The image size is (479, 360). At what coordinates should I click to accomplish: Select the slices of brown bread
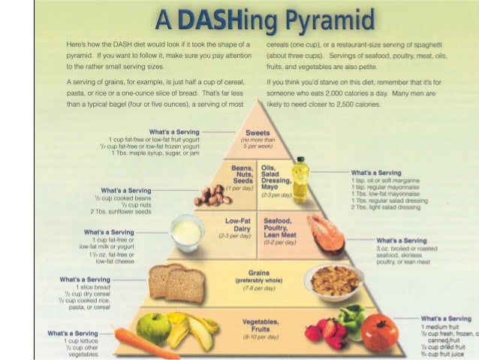pyautogui.click(x=176, y=282)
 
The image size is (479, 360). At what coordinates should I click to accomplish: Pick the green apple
pyautogui.click(x=152, y=328)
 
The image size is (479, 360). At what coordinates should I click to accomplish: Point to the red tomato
pyautogui.click(x=379, y=334)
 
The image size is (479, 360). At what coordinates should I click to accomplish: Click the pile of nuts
pyautogui.click(x=209, y=195)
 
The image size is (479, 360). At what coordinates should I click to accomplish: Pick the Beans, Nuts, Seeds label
pyautogui.click(x=240, y=174)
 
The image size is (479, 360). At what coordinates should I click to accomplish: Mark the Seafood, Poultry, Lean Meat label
pyautogui.click(x=279, y=229)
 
